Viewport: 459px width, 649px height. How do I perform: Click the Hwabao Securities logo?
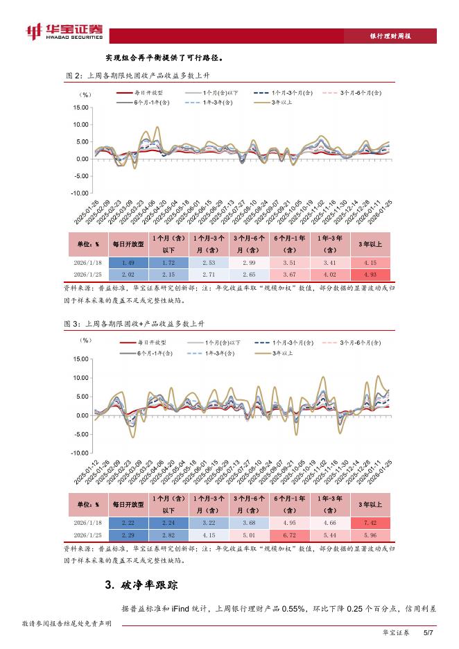63,32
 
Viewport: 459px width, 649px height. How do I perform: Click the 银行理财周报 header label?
392,35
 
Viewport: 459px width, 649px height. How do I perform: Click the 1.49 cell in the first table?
128,263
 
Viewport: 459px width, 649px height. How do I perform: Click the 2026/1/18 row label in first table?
87,263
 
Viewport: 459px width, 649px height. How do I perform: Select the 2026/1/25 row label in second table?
87,534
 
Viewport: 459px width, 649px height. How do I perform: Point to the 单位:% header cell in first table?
87,244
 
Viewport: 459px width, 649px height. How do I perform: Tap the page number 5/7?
428,632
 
